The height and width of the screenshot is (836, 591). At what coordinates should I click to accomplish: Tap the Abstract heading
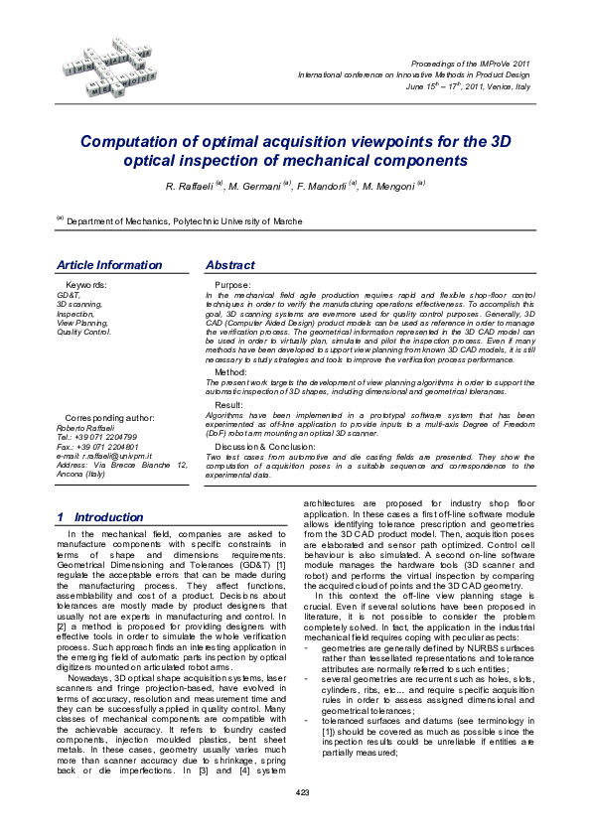pos(229,265)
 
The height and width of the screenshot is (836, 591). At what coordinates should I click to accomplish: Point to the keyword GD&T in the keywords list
pos(69,295)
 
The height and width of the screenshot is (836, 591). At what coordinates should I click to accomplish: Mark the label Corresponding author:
pos(108,418)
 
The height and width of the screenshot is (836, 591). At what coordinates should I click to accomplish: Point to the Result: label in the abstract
pos(229,405)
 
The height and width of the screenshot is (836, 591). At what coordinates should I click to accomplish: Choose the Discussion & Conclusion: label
pos(263,447)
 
